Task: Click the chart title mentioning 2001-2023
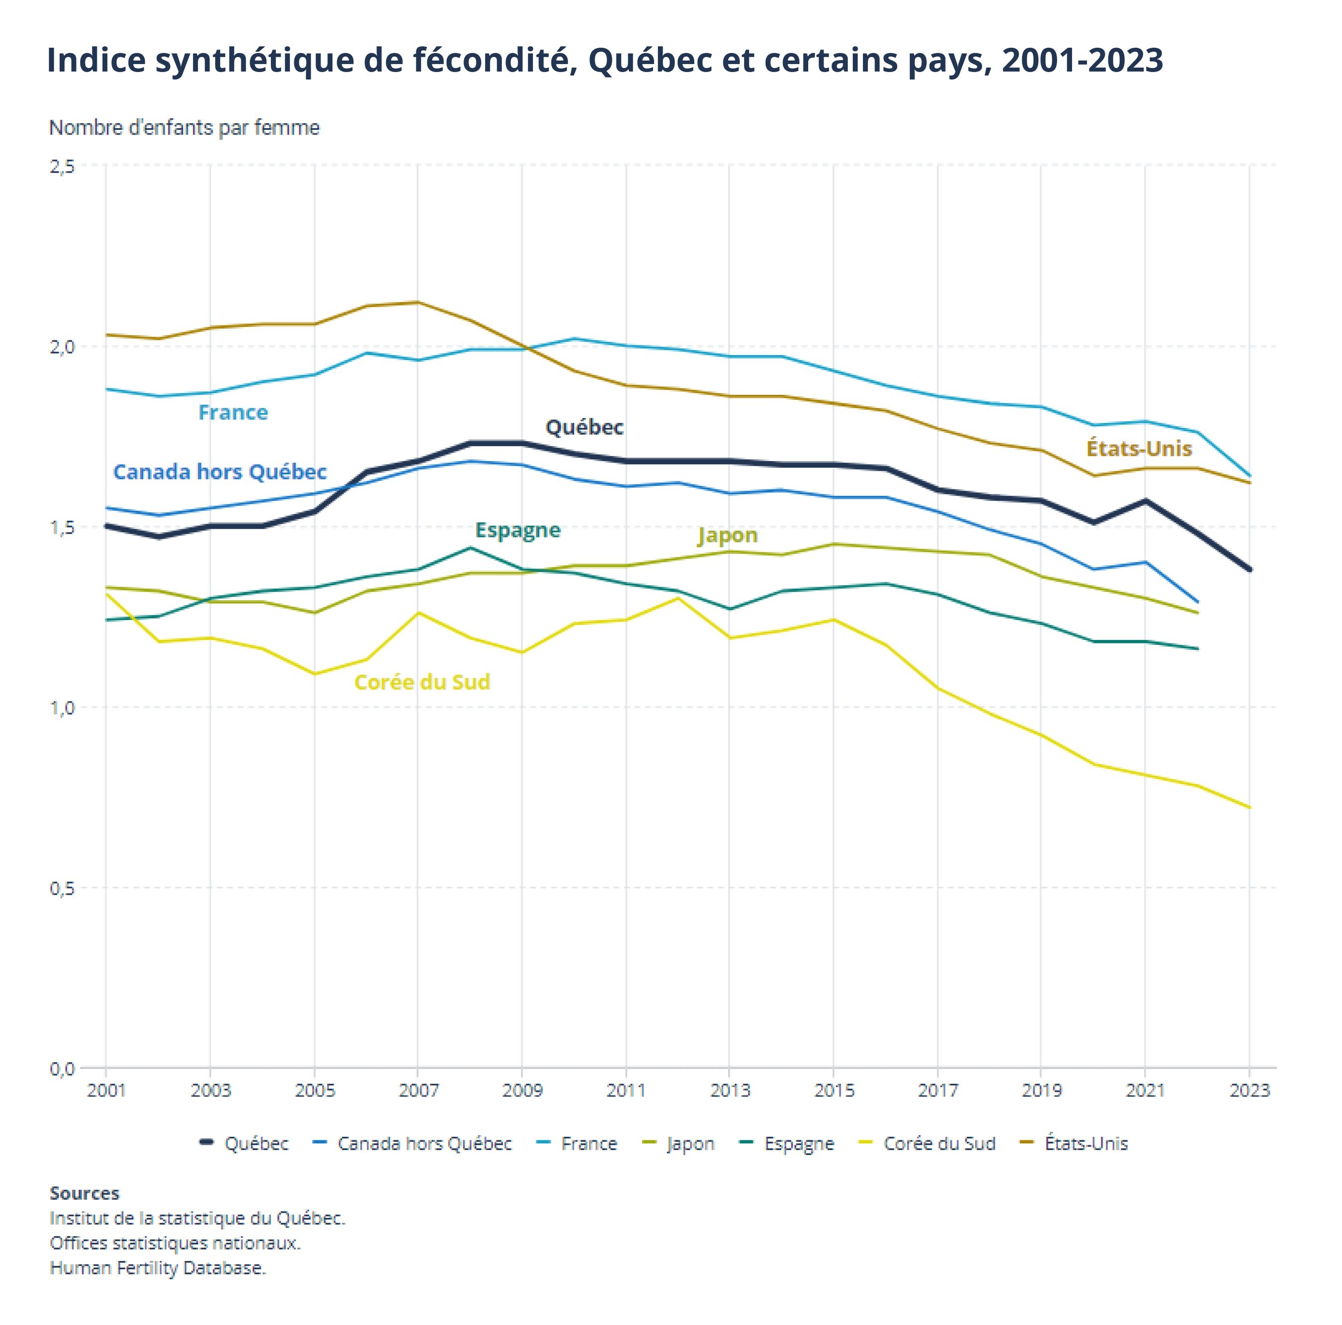[x=604, y=61]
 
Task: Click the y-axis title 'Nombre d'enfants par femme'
[x=184, y=128]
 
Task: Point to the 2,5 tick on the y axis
[x=62, y=166]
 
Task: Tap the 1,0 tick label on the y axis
[x=62, y=707]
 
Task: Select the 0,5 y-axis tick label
[x=62, y=888]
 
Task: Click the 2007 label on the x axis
[x=418, y=1091]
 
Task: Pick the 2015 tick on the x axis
[x=834, y=1091]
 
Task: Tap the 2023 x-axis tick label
[x=1249, y=1091]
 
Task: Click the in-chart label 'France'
[x=233, y=412]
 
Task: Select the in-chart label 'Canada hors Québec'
[x=220, y=472]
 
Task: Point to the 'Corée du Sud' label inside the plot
[x=421, y=683]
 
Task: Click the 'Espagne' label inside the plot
[x=517, y=530]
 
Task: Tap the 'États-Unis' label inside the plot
[x=1139, y=449]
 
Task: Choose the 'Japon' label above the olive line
[x=727, y=536]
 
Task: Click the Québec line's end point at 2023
[x=1249, y=569]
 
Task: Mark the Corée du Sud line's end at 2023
[x=1249, y=807]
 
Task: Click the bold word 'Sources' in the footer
[x=84, y=1194]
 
